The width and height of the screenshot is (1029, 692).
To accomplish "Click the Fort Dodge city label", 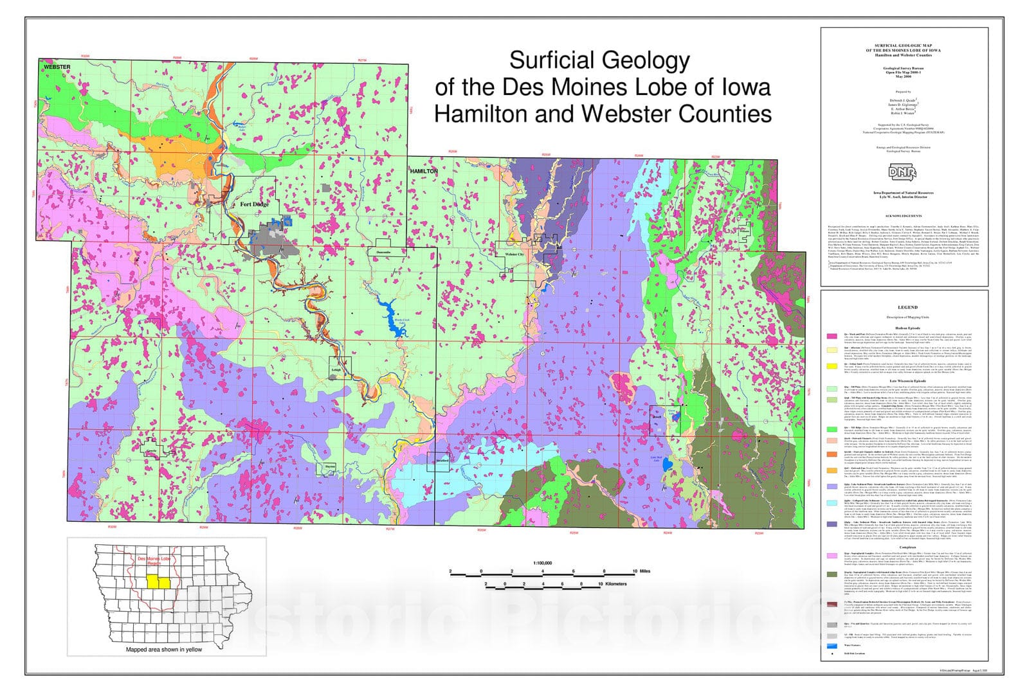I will pyautogui.click(x=254, y=204).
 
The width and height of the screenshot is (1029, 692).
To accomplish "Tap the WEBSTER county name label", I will pyautogui.click(x=57, y=67).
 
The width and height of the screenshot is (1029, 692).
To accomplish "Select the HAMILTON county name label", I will pyautogui.click(x=424, y=172).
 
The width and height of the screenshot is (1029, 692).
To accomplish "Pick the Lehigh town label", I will pyautogui.click(x=336, y=370).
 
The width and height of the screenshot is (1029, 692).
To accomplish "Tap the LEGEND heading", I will pyautogui.click(x=904, y=308).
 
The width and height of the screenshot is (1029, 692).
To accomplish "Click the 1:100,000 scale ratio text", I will pyautogui.click(x=542, y=563).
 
